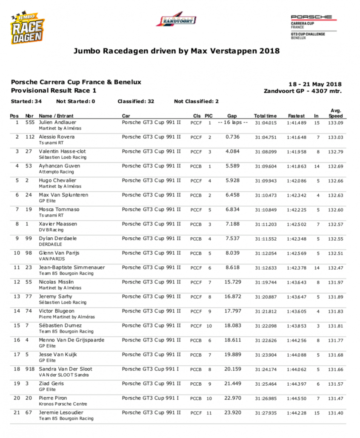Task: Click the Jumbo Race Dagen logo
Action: coord(28,28)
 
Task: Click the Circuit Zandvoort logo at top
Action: coord(176,20)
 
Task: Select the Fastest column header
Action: coord(296,116)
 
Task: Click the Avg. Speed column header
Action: coord(335,113)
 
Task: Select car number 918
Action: coord(30,369)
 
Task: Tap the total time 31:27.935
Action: coord(266,413)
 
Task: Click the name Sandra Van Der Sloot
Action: coord(66,369)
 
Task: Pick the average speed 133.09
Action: coord(335,123)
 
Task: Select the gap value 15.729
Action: coord(233,282)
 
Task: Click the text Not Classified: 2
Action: coord(196,101)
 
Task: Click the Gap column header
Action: coord(232,116)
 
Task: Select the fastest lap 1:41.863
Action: coord(297,166)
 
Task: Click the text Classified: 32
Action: coord(135,101)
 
